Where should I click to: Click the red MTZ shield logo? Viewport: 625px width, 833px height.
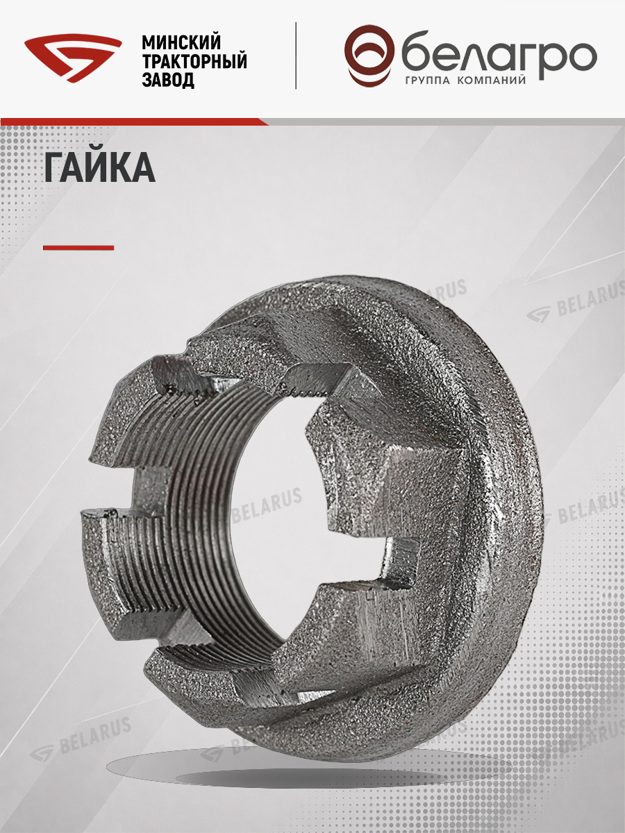(73, 59)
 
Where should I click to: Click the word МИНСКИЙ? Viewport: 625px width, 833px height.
(181, 42)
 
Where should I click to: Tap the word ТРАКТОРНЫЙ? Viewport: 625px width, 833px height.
(194, 61)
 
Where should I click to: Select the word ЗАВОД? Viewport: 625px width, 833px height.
(168, 80)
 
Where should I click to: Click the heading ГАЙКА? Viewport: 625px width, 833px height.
(100, 167)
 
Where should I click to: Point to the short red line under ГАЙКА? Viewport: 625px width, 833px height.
(78, 248)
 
